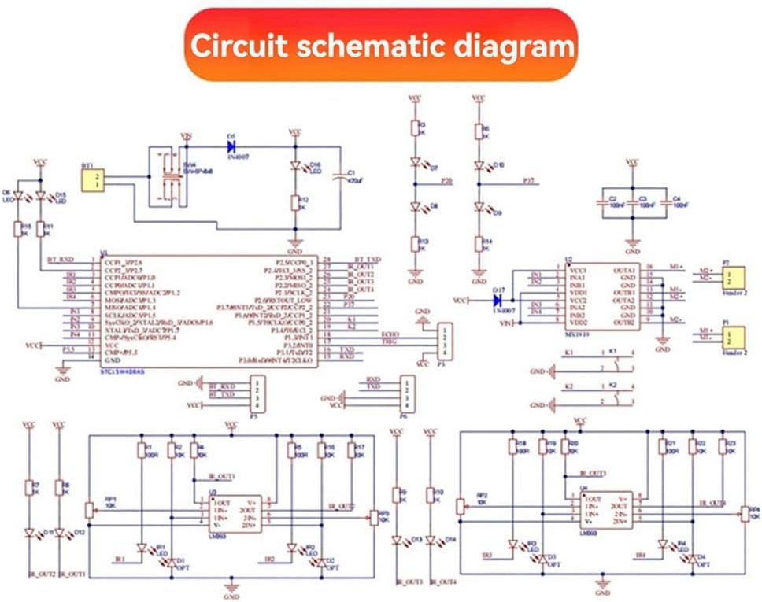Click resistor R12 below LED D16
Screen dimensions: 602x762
(295, 203)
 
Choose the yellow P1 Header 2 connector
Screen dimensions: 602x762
(734, 337)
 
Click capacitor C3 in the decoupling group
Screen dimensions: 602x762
(632, 203)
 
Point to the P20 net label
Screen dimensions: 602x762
(446, 181)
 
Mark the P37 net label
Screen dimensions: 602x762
(529, 181)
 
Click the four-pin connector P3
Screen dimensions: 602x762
(446, 339)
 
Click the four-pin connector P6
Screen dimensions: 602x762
(405, 396)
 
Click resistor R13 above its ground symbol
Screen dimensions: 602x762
(415, 245)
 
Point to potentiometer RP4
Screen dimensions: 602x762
(745, 513)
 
